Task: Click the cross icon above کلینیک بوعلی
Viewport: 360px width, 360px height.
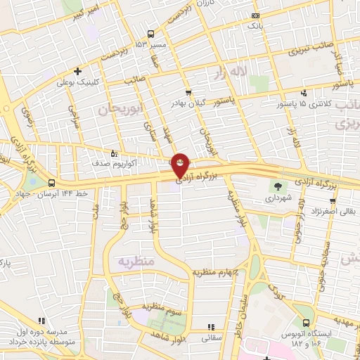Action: pyautogui.click(x=77, y=71)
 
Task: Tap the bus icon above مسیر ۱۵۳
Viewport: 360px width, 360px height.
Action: pyautogui.click(x=150, y=34)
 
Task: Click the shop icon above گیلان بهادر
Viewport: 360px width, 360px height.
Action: pyautogui.click(x=188, y=92)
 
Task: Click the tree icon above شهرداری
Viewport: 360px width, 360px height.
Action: pyautogui.click(x=280, y=187)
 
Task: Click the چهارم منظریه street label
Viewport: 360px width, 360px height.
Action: pyautogui.click(x=216, y=272)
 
